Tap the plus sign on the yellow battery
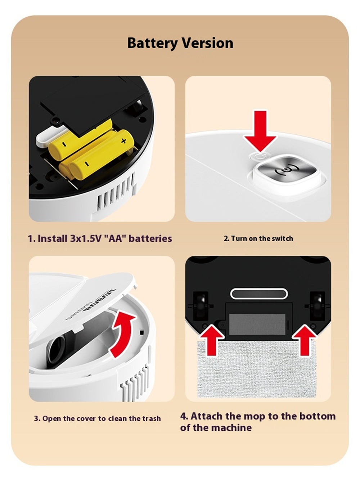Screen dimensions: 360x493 click(124, 141)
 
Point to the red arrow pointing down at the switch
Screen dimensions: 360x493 click(260, 131)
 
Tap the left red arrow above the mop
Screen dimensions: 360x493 click(212, 341)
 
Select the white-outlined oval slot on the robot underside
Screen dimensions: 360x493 click(259, 294)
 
